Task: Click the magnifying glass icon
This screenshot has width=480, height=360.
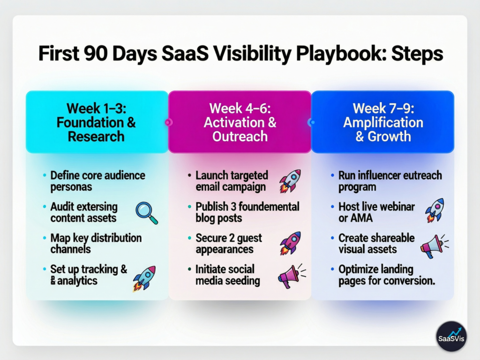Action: [146, 212]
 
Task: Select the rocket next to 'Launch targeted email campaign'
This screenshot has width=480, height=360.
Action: [289, 181]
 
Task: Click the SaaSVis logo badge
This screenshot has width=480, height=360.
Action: [451, 336]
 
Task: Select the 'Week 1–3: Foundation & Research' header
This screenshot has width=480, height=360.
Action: [97, 122]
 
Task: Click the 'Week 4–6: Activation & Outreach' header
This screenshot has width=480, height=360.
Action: [240, 122]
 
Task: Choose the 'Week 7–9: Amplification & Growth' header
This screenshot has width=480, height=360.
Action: [382, 122]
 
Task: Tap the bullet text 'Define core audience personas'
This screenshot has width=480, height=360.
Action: [97, 181]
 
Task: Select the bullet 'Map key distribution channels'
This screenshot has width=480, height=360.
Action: [96, 244]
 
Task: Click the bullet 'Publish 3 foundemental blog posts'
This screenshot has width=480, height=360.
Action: [247, 212]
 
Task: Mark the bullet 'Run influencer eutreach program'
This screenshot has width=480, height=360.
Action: [390, 181]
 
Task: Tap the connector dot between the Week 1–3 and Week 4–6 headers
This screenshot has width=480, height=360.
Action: [168, 122]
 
